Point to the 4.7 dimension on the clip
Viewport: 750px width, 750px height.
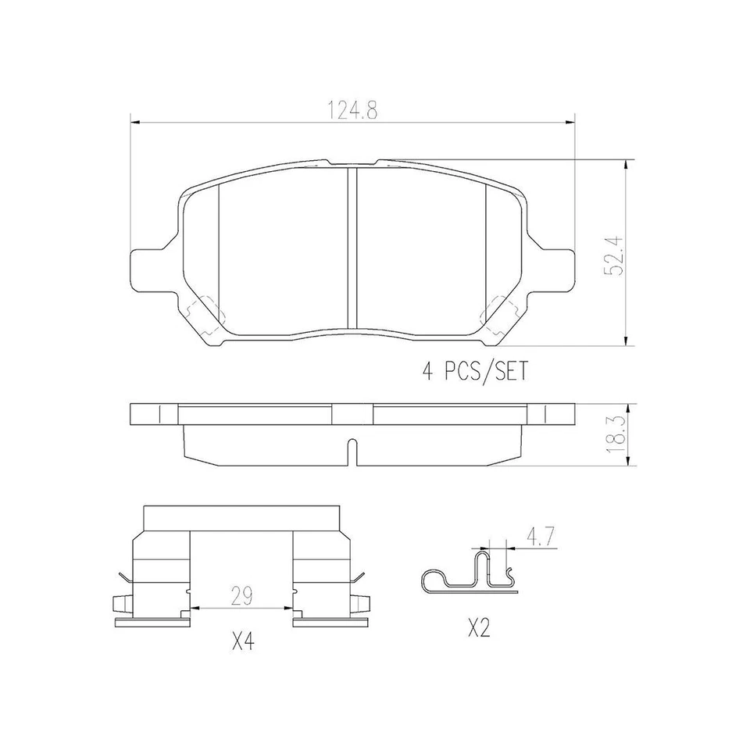point(540,537)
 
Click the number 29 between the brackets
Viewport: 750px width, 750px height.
point(241,597)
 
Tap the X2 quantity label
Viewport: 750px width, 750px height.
point(478,627)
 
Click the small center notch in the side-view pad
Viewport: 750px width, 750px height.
point(352,452)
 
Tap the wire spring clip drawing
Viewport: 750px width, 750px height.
point(469,577)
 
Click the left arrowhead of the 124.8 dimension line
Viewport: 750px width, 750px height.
point(134,122)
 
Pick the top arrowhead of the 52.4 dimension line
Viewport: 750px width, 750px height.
point(625,165)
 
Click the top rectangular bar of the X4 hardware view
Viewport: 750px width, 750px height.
point(242,516)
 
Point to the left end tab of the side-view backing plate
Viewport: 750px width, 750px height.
point(145,413)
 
